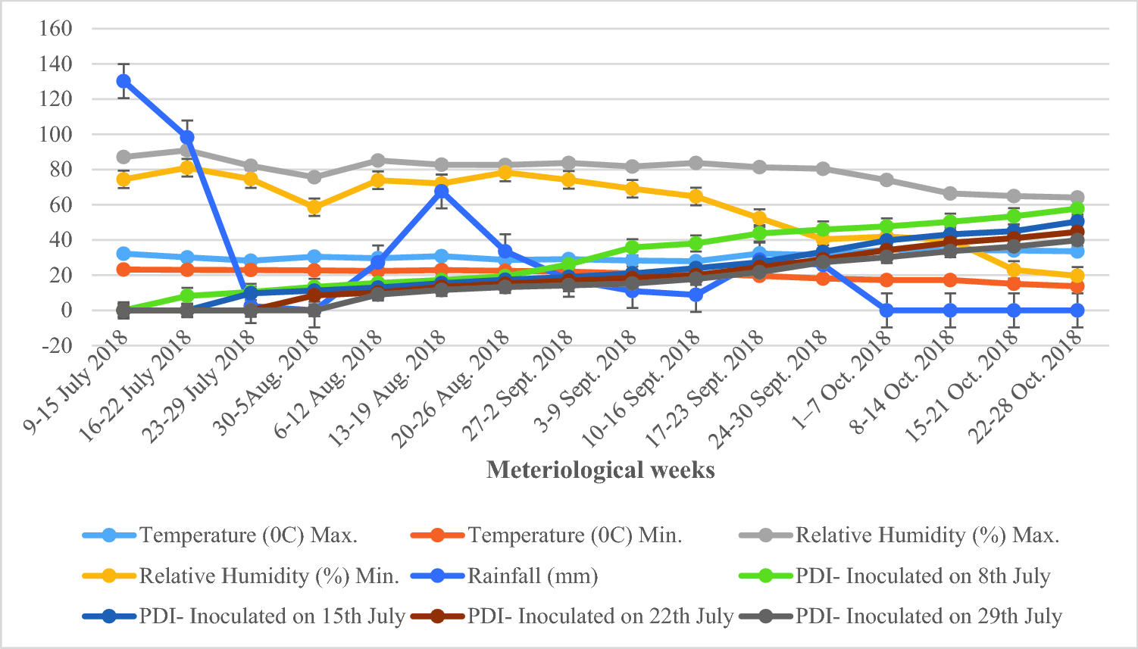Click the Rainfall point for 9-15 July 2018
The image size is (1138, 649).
[x=123, y=81]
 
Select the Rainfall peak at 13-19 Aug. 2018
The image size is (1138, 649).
[x=441, y=191]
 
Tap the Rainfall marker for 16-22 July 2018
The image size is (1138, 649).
[x=187, y=137]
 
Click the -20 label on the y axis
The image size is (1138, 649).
[x=55, y=345]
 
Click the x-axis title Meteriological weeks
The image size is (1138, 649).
[x=600, y=470]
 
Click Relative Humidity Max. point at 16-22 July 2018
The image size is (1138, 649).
[x=187, y=151]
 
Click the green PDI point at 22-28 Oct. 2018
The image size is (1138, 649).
[x=1077, y=209]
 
